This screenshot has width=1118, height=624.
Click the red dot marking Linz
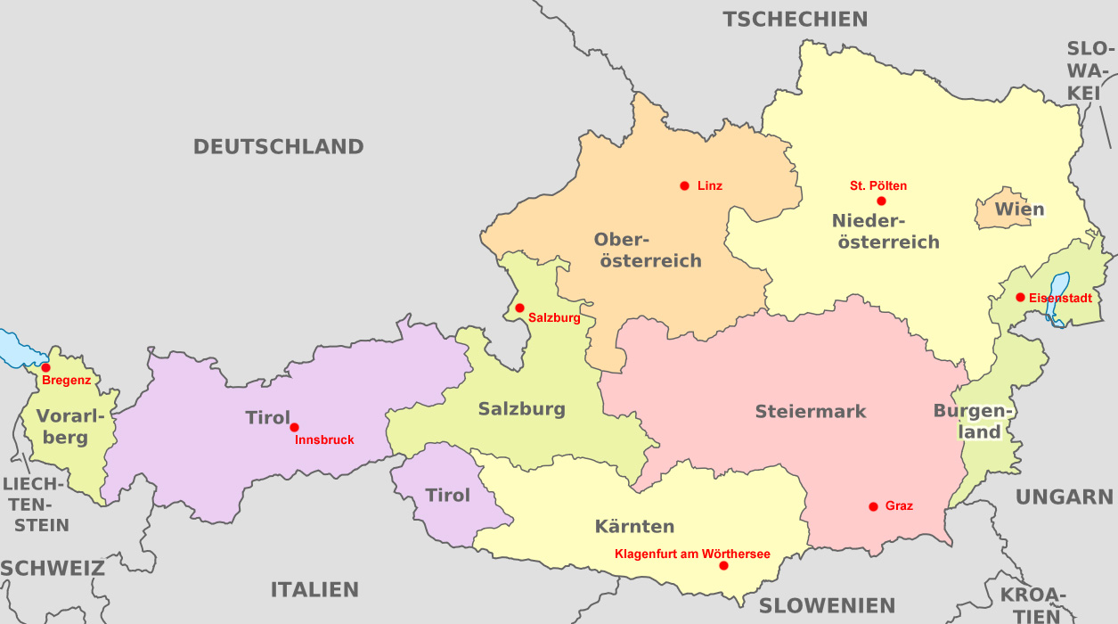[684, 185]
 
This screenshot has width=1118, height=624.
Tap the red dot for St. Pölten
[881, 201]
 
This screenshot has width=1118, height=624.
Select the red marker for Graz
[873, 506]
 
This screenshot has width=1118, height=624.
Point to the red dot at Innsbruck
[294, 427]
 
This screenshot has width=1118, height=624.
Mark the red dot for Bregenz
[45, 367]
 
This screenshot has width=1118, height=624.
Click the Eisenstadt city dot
[1020, 297]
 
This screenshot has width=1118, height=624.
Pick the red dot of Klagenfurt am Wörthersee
[723, 566]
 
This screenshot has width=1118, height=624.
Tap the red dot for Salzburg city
[519, 308]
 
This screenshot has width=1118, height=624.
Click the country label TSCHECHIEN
[795, 20]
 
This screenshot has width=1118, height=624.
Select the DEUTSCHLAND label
[279, 147]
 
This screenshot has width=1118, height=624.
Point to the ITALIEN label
[314, 589]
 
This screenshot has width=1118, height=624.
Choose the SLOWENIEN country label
[827, 605]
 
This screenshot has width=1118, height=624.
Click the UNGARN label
[1065, 497]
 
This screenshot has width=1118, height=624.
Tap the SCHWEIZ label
[52, 569]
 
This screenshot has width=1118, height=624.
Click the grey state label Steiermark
[811, 412]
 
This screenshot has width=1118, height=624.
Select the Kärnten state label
[634, 526]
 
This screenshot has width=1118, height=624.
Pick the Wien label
[1019, 210]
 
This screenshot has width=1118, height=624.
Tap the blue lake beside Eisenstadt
[1058, 299]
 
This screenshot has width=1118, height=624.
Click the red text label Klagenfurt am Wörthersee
[692, 554]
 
